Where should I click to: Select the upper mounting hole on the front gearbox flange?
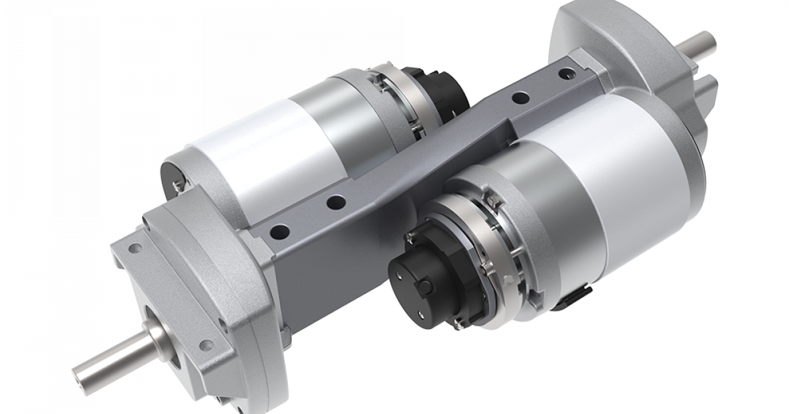(134, 249)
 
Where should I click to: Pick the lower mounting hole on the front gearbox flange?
(210, 344)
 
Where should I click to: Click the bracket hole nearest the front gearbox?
(280, 231)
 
